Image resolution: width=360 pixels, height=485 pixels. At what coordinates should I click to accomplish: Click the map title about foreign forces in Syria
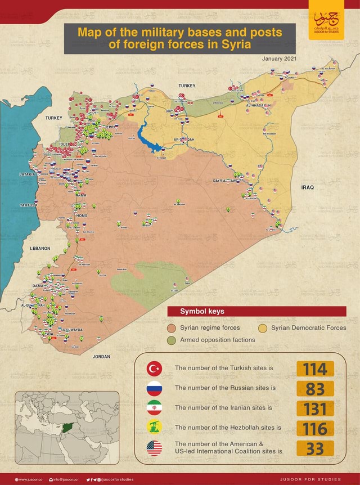click(179, 38)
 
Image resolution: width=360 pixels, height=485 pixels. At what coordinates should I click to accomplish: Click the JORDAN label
click(101, 356)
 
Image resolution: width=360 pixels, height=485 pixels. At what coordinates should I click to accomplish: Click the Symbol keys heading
click(202, 311)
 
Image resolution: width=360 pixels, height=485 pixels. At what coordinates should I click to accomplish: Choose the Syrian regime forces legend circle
click(172, 328)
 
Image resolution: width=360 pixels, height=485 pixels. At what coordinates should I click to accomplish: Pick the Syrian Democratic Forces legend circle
click(263, 328)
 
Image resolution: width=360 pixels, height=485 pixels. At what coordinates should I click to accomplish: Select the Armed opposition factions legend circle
click(172, 340)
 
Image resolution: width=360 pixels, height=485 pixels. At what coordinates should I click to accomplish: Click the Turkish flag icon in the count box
click(154, 369)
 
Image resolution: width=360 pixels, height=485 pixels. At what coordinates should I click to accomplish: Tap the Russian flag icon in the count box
click(154, 388)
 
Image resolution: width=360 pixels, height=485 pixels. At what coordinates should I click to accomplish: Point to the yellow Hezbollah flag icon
click(154, 428)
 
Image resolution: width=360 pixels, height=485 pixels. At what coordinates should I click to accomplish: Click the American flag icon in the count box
click(154, 448)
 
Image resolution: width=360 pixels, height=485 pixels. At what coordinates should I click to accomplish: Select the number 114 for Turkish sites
click(315, 369)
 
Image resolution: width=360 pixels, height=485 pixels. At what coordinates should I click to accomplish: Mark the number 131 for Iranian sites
click(315, 408)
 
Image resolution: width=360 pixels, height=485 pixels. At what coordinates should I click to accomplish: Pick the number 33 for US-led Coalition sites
click(315, 448)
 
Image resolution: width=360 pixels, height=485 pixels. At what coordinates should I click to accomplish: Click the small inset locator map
click(67, 427)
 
